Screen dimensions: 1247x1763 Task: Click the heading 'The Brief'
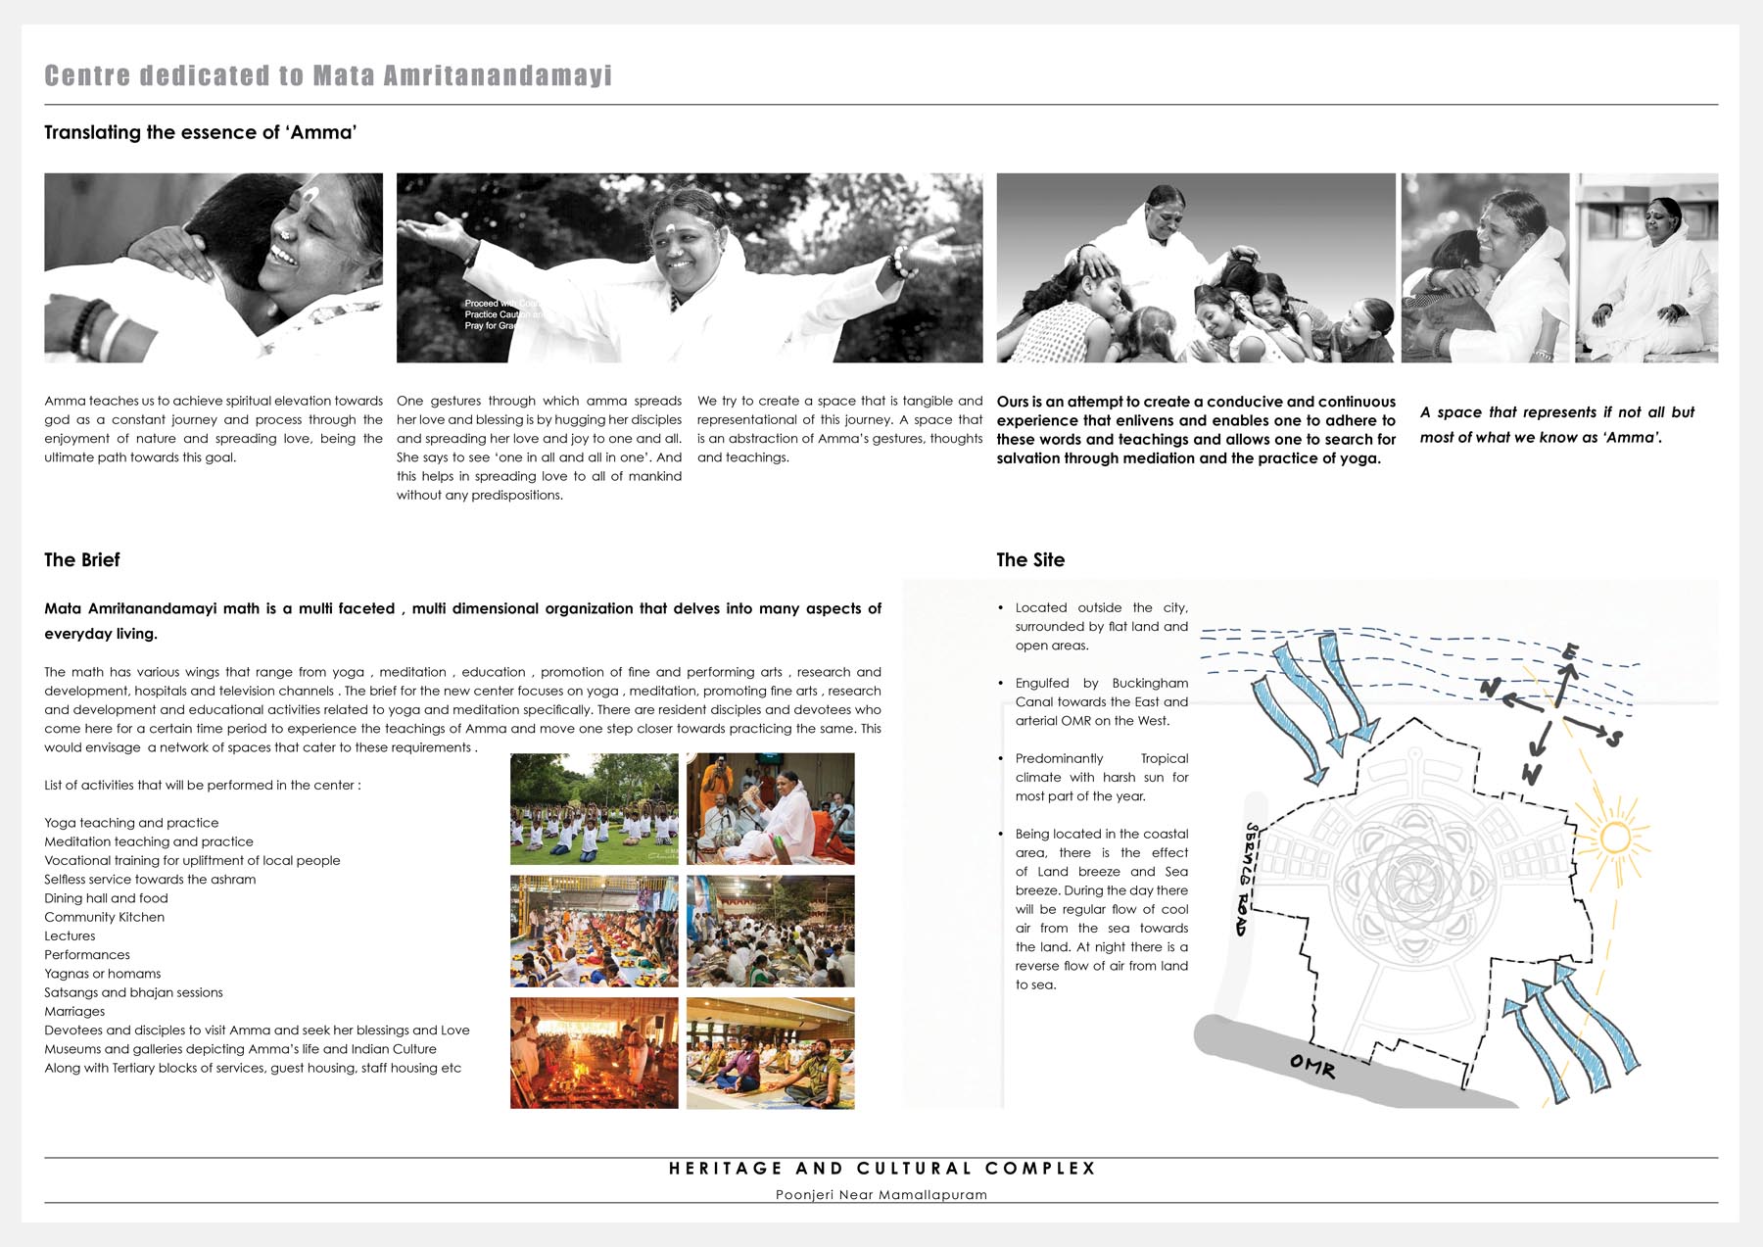[82, 560]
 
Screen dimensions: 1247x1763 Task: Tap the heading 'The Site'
[1030, 560]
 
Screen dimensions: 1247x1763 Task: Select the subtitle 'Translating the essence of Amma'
[201, 132]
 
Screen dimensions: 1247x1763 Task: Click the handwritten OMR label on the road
[1312, 1065]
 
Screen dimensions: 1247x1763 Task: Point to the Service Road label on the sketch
[1247, 879]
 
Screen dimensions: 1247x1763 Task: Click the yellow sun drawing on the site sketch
[1613, 838]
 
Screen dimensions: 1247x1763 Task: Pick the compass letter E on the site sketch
[1570, 651]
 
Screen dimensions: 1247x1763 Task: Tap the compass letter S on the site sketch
[1614, 738]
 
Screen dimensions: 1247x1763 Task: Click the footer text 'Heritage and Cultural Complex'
[881, 1169]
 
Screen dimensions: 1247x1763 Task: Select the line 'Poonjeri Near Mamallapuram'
[881, 1195]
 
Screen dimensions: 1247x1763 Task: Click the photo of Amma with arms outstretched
[689, 267]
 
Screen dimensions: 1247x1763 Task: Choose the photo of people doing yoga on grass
[594, 809]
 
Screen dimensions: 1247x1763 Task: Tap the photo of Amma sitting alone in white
[1646, 267]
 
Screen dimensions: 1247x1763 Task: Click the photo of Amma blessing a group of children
[1196, 267]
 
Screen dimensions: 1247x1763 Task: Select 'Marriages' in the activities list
[74, 1012]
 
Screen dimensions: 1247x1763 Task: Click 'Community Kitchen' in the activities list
[105, 918]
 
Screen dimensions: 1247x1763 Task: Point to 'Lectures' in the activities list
[70, 936]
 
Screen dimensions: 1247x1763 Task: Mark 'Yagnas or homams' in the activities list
[103, 974]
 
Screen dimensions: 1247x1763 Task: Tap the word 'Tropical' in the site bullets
[1165, 759]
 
